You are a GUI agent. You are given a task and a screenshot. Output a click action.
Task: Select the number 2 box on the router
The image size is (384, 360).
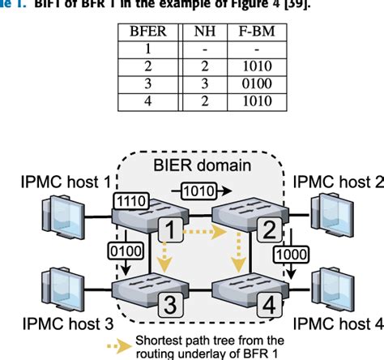tap(263, 232)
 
